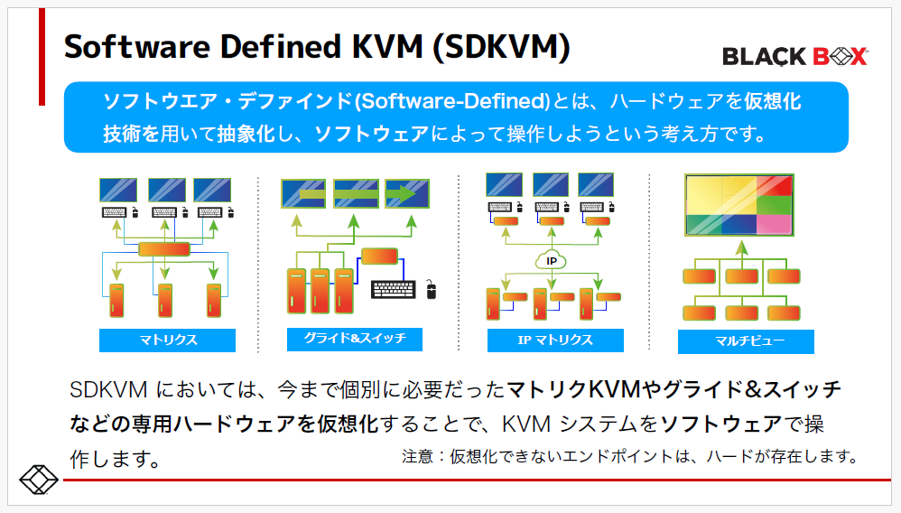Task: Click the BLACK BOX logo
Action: click(795, 56)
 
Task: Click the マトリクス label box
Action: click(167, 340)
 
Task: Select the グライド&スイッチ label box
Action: click(355, 339)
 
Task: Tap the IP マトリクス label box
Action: click(555, 340)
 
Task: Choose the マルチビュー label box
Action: click(746, 341)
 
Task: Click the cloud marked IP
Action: click(551, 260)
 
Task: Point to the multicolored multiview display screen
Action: click(739, 205)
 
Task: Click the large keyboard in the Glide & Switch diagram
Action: click(393, 289)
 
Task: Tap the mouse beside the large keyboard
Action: click(432, 289)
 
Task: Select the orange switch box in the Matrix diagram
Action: click(164, 249)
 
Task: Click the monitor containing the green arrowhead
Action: click(407, 194)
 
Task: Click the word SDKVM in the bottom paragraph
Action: click(108, 390)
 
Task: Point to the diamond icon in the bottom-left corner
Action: click(39, 479)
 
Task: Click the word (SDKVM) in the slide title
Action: click(501, 47)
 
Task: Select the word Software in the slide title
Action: click(137, 47)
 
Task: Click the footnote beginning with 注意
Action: click(630, 457)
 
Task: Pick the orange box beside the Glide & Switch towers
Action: click(380, 256)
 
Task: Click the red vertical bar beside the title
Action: click(42, 56)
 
